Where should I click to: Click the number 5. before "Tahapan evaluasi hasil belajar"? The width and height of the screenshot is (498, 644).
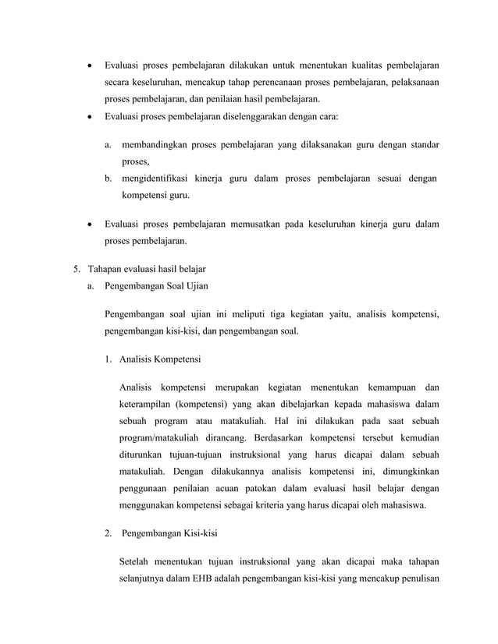pos(76,269)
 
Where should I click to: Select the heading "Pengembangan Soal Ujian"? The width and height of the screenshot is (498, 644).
pos(156,286)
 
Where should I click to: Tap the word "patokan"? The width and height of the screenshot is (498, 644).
pos(270,489)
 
